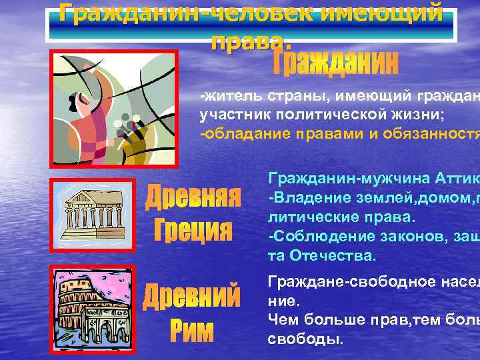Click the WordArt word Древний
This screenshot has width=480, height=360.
coord(193,294)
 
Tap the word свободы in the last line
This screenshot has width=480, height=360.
coord(304,339)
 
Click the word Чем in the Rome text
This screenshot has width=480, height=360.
coord(281,320)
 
